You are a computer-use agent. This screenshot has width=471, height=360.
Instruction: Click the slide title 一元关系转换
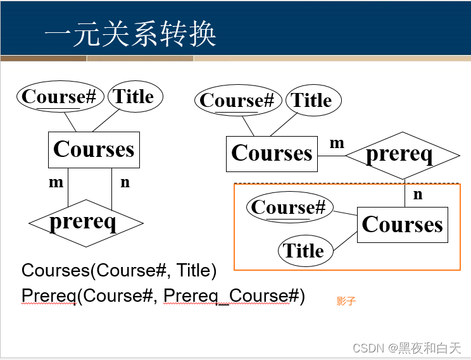(130, 35)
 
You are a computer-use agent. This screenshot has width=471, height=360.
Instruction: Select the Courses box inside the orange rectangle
(402, 225)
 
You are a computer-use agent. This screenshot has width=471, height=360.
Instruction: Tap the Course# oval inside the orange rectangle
(288, 208)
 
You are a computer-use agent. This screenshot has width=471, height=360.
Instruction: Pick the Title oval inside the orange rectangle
(304, 251)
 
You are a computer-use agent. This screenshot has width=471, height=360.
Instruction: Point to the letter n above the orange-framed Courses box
(418, 194)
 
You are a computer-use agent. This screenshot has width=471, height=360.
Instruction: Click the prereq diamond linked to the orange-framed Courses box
(402, 155)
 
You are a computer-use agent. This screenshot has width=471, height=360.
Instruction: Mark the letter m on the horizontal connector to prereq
(337, 144)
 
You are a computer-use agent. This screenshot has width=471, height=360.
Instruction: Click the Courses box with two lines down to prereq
(94, 149)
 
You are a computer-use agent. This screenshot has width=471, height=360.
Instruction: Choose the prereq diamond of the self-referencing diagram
(85, 223)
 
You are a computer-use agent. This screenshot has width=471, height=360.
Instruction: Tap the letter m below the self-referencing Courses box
(56, 182)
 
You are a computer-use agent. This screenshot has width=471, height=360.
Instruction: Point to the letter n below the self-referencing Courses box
(125, 182)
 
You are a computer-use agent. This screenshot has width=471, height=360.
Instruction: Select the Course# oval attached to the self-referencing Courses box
(59, 97)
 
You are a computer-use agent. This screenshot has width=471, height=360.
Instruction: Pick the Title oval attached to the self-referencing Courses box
(134, 97)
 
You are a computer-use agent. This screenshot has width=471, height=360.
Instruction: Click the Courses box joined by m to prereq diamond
(272, 153)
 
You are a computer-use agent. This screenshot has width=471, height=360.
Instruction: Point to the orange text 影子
(346, 301)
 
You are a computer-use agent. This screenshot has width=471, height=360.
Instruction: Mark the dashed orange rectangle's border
(235, 228)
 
